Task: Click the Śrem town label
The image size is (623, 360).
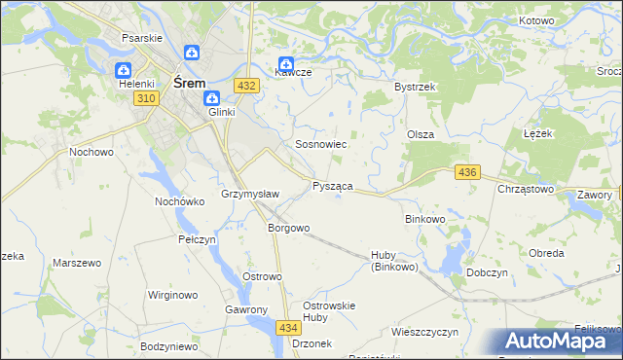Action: [188, 84]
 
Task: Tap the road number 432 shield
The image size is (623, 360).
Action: [247, 87]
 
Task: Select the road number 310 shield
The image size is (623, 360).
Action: [147, 99]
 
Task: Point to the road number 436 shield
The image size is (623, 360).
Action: [467, 172]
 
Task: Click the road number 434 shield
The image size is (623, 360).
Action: [288, 329]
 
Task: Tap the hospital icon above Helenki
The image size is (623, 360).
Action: [124, 70]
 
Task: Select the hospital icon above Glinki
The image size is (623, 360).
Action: [213, 97]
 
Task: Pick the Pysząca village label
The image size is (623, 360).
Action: [332, 185]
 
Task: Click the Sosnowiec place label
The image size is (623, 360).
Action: [321, 144]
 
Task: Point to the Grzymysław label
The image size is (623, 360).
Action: [251, 194]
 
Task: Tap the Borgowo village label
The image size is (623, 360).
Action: [288, 229]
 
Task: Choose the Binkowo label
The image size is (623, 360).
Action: [424, 220]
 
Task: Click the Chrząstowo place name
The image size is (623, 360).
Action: [526, 189]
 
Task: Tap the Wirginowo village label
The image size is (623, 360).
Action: [172, 294]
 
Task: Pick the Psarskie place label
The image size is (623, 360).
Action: [140, 37]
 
